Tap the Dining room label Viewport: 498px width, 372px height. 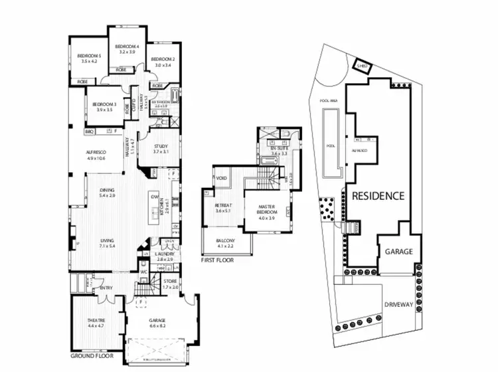[107, 193]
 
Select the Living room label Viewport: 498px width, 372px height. [106, 242]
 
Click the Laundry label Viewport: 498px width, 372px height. [163, 255]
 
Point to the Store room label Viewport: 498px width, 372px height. [171, 284]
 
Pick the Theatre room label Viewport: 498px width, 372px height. [96, 323]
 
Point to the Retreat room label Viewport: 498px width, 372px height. [222, 209]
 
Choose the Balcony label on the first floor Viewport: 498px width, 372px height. [226, 244]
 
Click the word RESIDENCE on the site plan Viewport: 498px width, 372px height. [378, 196]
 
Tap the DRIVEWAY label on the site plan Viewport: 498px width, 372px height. [398, 305]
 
